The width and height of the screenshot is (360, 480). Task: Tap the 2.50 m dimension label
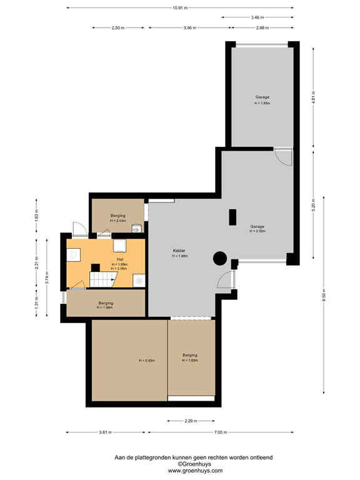(117, 28)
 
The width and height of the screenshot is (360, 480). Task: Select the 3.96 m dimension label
(190, 28)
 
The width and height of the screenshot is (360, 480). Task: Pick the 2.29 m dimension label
(190, 421)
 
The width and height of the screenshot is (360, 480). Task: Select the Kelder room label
(180, 251)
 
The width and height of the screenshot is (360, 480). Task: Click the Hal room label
(119, 259)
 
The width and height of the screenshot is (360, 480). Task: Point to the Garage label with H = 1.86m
(262, 97)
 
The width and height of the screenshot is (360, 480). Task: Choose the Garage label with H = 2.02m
(257, 226)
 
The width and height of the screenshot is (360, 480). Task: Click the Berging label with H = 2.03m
(118, 214)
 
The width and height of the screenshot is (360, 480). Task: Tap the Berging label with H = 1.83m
(190, 355)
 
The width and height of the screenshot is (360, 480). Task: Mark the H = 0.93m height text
(147, 361)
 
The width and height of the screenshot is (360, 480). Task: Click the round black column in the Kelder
(219, 257)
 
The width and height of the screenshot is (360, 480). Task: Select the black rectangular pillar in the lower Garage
(232, 217)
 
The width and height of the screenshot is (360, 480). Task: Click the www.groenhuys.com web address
(180, 470)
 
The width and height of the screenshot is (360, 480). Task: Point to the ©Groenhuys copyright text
(180, 464)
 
